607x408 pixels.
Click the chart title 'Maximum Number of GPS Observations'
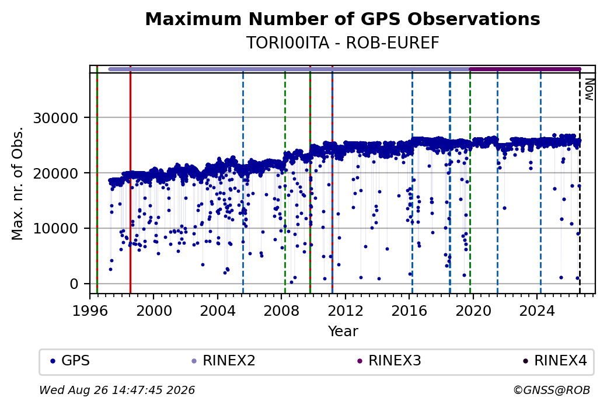click(343, 19)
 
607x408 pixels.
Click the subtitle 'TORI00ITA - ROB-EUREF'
click(343, 43)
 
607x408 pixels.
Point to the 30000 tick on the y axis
click(56, 118)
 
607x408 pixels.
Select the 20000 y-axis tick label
click(56, 173)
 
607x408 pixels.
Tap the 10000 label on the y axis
click(56, 228)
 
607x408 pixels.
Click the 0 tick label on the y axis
click(74, 284)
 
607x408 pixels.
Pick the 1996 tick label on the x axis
click(90, 311)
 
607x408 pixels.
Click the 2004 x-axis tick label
click(218, 311)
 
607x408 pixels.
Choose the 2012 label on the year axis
click(346, 311)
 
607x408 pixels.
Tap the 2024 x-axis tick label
click(537, 311)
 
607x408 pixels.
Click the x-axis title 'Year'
click(343, 332)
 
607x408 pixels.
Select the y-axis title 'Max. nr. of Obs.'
click(18, 183)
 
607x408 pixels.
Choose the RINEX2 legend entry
click(224, 361)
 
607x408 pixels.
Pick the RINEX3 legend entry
click(389, 361)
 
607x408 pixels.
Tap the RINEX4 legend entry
click(555, 361)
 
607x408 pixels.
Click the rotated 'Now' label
click(589, 89)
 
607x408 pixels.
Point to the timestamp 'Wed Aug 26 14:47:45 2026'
click(117, 390)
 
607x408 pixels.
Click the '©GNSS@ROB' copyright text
click(552, 390)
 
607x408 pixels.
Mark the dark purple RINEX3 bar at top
click(525, 69)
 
